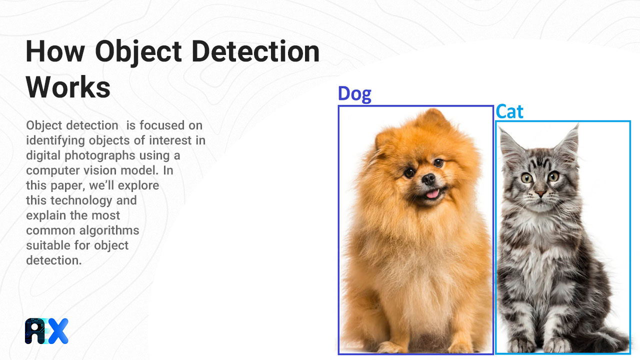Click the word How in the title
(x=55, y=51)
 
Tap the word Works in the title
(x=68, y=87)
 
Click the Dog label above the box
(x=354, y=94)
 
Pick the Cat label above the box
(x=509, y=111)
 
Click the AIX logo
(x=46, y=331)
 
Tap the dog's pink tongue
(x=432, y=193)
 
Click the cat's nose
(x=540, y=193)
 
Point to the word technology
(x=81, y=200)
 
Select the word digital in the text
(x=42, y=155)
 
